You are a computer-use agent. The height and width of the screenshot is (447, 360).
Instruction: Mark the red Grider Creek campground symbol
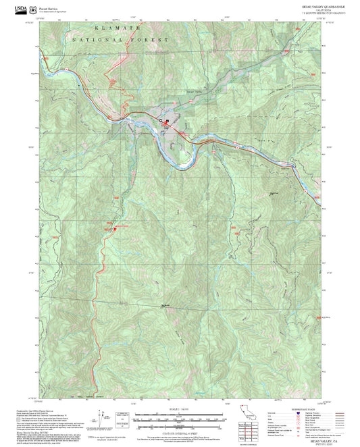(x=113, y=228)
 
